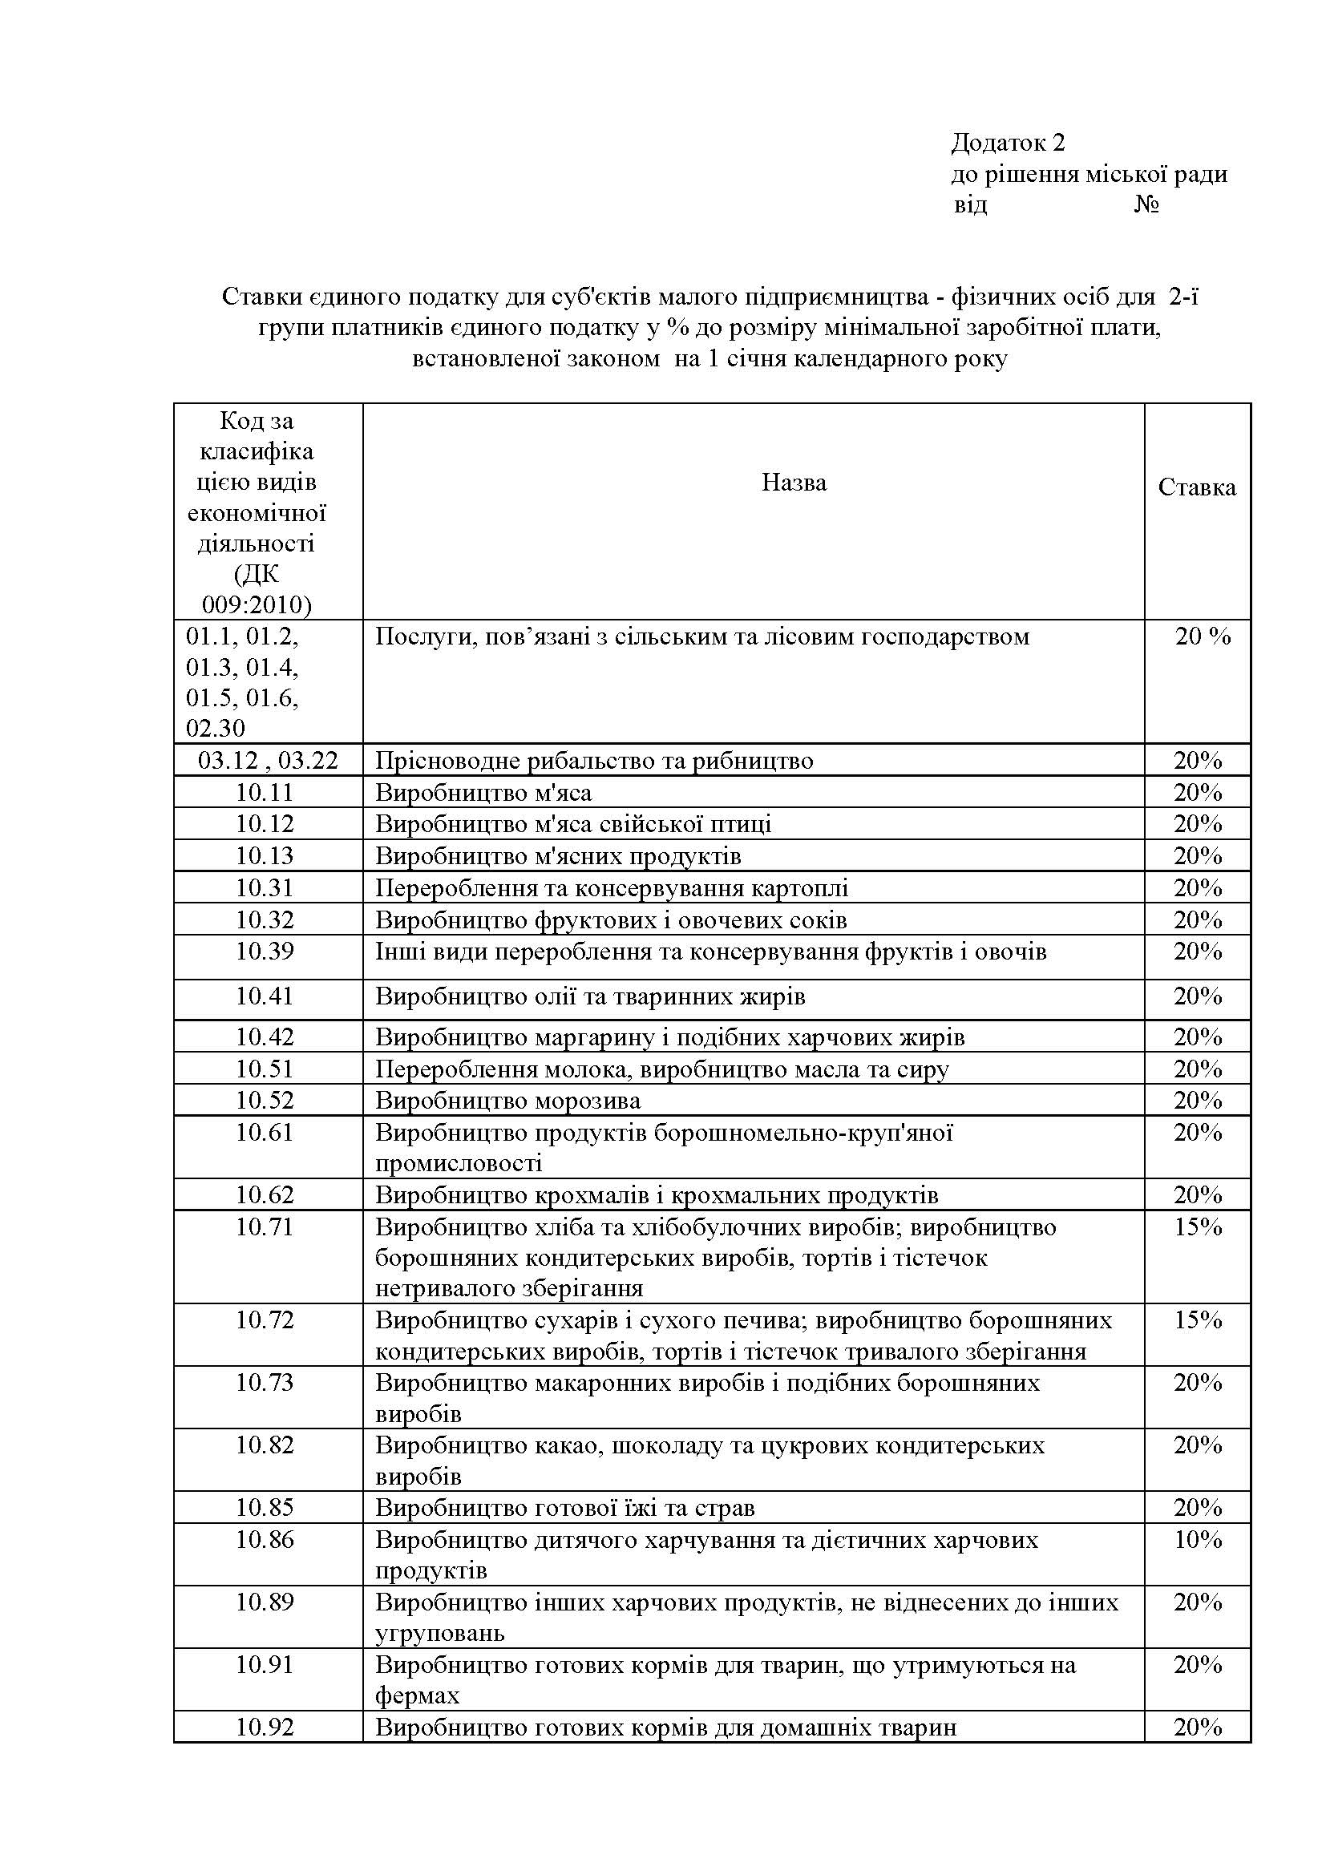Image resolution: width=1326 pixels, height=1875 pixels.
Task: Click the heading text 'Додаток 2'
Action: [1008, 143]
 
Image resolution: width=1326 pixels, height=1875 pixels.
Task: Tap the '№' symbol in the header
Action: [1146, 204]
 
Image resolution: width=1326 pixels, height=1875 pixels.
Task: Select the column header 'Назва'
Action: [794, 483]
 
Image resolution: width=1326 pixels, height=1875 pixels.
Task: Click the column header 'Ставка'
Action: [1197, 487]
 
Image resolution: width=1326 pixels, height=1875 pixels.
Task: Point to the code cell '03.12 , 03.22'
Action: [268, 760]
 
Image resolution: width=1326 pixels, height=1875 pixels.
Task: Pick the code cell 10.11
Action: [265, 792]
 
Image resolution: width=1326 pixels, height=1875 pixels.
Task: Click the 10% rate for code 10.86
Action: [1198, 1539]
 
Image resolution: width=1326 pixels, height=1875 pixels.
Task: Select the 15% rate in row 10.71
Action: [1198, 1226]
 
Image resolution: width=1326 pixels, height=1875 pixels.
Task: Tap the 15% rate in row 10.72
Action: [1198, 1320]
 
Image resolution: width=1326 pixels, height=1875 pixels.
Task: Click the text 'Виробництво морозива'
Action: [507, 1101]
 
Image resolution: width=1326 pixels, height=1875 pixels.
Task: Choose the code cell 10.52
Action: [265, 1100]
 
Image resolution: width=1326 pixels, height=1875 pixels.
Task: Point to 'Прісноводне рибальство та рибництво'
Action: [594, 761]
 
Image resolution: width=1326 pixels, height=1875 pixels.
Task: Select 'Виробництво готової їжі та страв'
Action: [565, 1508]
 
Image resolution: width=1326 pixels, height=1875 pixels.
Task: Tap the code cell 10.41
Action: [265, 996]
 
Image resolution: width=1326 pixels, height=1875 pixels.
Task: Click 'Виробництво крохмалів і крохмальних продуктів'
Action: [657, 1195]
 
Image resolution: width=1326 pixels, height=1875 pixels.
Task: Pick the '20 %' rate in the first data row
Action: [1203, 636]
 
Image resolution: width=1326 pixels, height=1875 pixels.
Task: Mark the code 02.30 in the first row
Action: [216, 728]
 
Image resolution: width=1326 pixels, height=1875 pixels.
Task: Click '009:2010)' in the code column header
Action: [257, 605]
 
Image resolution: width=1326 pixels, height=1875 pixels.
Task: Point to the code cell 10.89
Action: [265, 1602]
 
